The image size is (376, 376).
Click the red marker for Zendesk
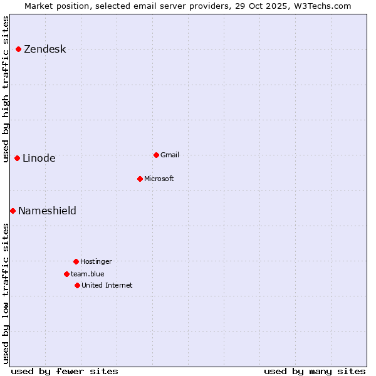(x=19, y=49)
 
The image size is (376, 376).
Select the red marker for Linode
(x=18, y=158)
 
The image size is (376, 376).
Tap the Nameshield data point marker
(x=13, y=211)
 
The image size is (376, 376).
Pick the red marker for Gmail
(x=156, y=155)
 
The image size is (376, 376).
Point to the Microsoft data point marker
(x=140, y=179)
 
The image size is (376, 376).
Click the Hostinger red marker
(x=76, y=261)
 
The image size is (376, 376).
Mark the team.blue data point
(x=66, y=274)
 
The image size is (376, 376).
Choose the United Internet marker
(x=77, y=285)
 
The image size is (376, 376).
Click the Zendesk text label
(x=44, y=50)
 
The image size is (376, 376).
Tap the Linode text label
(x=39, y=159)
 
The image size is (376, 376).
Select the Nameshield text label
(x=47, y=211)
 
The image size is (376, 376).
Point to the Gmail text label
(x=170, y=155)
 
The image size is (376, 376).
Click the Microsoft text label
(x=159, y=179)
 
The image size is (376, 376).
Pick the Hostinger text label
(x=96, y=262)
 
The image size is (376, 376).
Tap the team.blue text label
(x=87, y=274)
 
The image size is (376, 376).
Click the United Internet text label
(x=107, y=286)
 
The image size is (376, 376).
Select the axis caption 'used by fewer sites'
(x=65, y=371)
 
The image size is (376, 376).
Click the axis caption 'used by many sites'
(x=315, y=371)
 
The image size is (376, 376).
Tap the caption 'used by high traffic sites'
(x=6, y=89)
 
